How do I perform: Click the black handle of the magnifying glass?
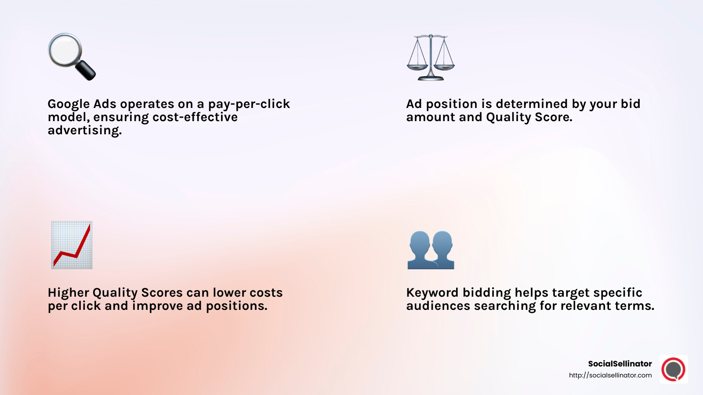86,71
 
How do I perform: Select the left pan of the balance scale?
417,67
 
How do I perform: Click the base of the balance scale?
431,78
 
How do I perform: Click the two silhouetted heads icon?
431,250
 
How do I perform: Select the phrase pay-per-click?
249,104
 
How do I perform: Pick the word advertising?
84,131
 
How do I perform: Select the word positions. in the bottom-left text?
236,306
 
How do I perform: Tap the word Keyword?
432,293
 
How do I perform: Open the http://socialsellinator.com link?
610,375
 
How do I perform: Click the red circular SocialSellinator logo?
673,370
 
